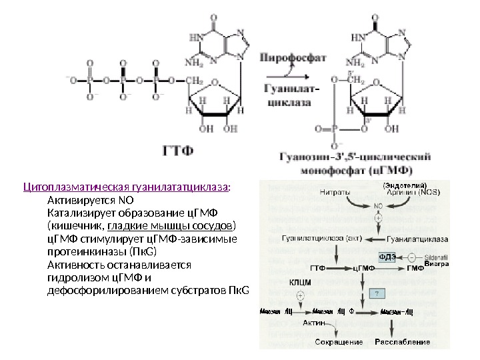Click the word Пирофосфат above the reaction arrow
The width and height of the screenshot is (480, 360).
[x=293, y=58]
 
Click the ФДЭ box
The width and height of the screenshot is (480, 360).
[x=387, y=255]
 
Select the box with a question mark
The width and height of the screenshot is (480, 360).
[x=377, y=293]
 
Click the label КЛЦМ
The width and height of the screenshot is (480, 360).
[x=300, y=282]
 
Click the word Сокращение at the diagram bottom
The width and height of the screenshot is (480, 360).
[x=339, y=342]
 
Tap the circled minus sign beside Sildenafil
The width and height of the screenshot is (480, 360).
[x=412, y=256]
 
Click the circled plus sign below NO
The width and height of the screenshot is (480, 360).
[x=378, y=217]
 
